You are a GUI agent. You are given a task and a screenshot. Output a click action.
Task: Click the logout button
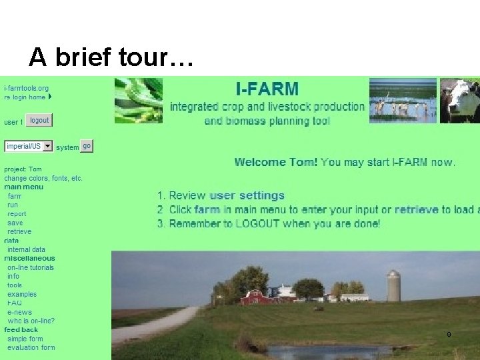[39, 121]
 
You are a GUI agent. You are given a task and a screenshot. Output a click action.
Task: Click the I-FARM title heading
[267, 88]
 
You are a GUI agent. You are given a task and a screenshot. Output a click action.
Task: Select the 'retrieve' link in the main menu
[19, 231]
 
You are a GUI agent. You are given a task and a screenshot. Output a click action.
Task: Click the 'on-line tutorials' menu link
[31, 267]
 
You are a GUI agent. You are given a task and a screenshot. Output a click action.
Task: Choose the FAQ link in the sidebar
[15, 303]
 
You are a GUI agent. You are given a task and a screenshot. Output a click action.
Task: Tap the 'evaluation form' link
[31, 347]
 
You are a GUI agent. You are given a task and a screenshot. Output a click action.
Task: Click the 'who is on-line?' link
[31, 321]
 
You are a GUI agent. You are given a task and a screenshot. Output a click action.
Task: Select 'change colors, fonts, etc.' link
[43, 178]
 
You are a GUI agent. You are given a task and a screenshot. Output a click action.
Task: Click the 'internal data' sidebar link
[26, 249]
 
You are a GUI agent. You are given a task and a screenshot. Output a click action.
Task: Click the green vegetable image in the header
[138, 100]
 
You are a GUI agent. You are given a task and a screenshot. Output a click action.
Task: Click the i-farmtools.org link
[26, 88]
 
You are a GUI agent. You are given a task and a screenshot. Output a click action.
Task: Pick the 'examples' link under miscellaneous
[22, 294]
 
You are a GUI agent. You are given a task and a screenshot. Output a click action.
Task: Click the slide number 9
[449, 334]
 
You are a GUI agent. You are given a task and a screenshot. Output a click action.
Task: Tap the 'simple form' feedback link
[26, 339]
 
